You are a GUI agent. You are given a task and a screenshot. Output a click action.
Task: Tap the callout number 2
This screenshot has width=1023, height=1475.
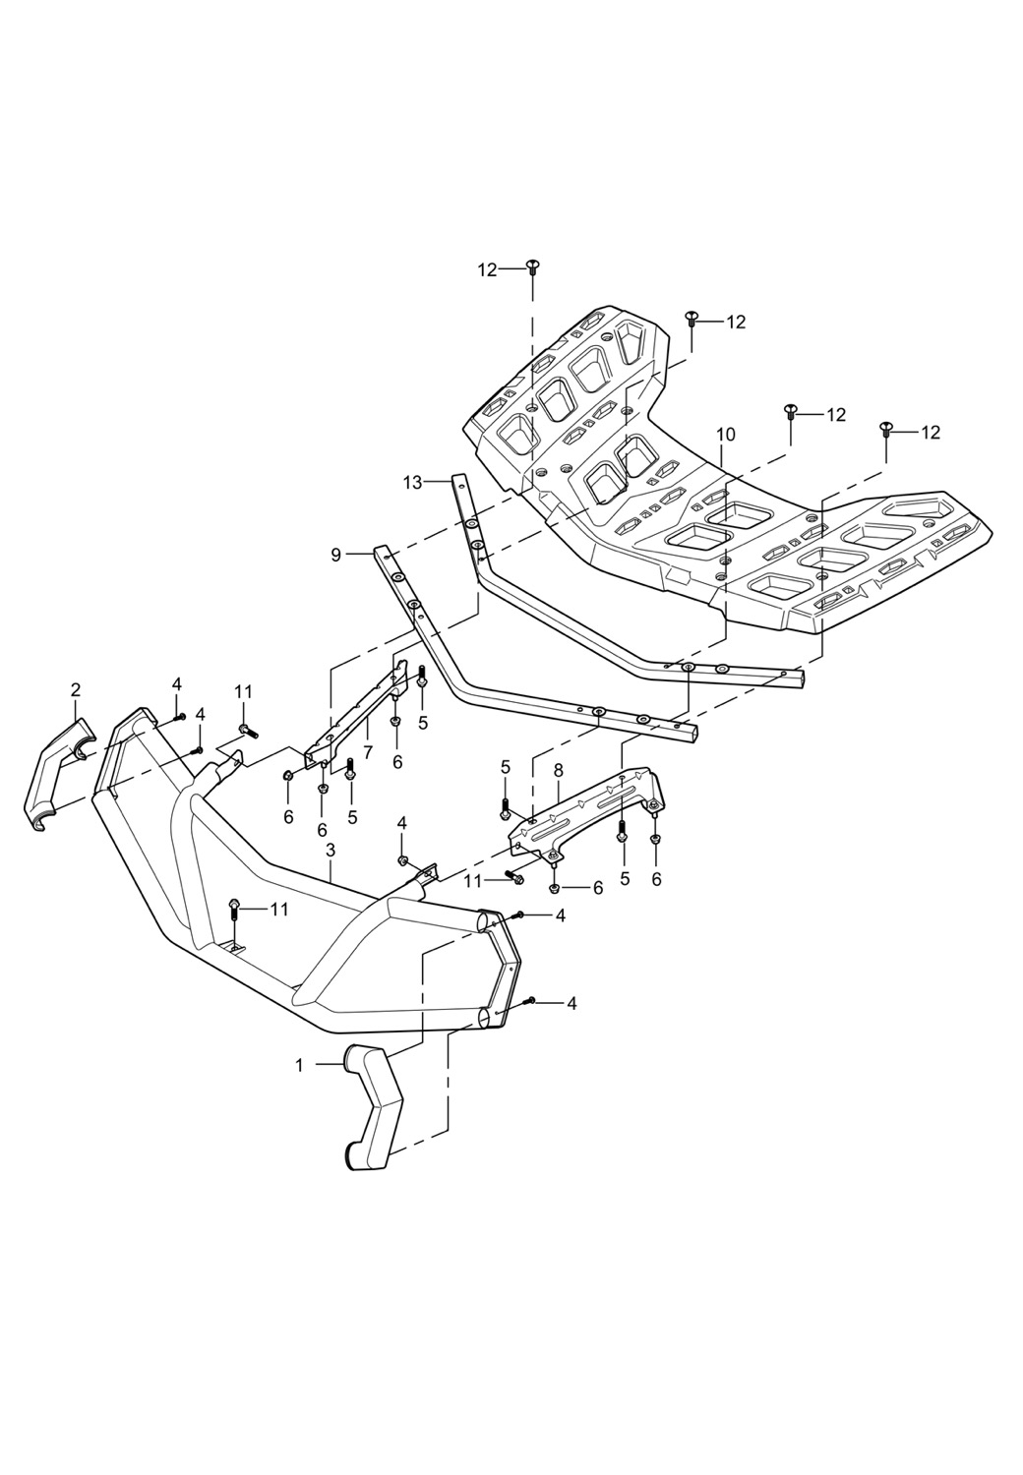[x=76, y=689]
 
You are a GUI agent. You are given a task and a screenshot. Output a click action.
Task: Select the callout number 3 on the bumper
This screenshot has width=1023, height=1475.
[x=331, y=849]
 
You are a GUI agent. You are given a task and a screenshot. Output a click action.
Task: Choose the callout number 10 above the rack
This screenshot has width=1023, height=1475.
[x=726, y=434]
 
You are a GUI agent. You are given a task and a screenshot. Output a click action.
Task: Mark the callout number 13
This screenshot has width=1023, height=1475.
[x=413, y=482]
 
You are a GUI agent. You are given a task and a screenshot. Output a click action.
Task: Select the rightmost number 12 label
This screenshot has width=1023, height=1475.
[x=930, y=432]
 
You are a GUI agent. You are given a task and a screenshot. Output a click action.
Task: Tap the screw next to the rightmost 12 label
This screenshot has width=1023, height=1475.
[x=885, y=429]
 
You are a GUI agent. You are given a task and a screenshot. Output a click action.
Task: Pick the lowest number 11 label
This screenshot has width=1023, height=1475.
[x=279, y=910]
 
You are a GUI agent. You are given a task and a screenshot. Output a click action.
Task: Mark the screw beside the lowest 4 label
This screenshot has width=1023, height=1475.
[x=530, y=1001]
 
